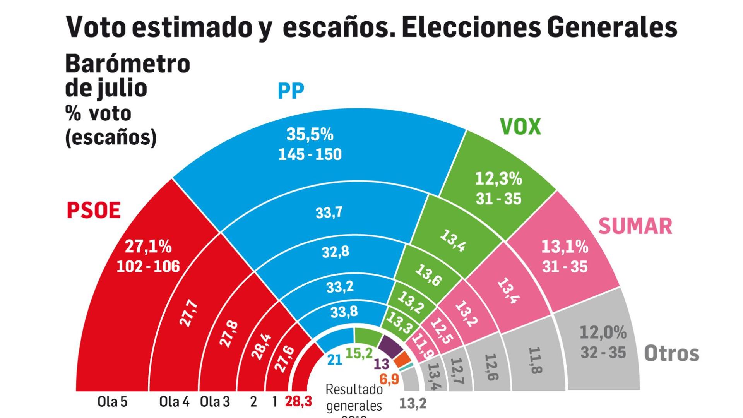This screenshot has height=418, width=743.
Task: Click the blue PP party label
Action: coord(291,91)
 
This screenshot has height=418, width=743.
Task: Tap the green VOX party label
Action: coord(520,127)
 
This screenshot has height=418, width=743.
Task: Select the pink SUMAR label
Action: coord(635,226)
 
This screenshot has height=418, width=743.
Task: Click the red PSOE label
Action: coord(94,211)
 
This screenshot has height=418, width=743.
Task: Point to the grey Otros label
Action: coord(671,353)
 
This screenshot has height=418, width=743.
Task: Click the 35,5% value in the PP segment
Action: coord(310,134)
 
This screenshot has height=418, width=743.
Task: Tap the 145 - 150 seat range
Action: coord(310,154)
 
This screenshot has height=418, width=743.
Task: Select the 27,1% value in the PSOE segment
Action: coord(148,246)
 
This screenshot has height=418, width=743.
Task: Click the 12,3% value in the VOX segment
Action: coord(498,178)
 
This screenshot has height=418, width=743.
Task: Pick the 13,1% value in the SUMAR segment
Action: coord(565,246)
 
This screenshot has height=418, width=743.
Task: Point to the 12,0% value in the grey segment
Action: coord(603,332)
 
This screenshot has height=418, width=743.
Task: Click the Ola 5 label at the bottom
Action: coord(112,402)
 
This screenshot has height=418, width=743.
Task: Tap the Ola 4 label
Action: coord(174,402)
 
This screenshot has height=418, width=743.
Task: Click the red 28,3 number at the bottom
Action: coord(298,401)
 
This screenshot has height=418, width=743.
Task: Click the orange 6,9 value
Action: coord(389,379)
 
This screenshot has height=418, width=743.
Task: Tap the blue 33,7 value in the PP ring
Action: coord(329,212)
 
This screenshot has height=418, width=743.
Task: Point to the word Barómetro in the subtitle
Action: coord(128,64)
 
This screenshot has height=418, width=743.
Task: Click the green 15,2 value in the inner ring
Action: coord(359,353)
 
